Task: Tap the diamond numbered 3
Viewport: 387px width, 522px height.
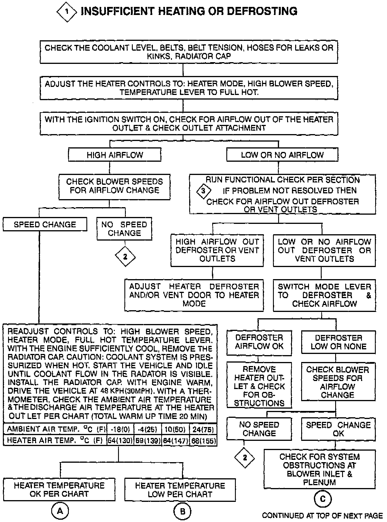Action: (203, 191)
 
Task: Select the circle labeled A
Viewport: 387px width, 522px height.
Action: (60, 511)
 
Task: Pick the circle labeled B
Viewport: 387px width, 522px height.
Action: (182, 511)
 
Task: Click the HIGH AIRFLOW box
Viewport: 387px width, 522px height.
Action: (115, 155)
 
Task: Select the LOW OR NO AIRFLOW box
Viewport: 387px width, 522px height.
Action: (282, 155)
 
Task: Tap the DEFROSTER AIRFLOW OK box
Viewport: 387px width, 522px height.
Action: (259, 342)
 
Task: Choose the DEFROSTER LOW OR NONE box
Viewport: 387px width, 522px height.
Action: (338, 342)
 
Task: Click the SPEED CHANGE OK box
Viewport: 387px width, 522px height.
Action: (338, 429)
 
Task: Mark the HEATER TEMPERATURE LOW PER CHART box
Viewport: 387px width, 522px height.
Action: (180, 490)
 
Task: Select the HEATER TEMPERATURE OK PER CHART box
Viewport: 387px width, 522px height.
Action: (59, 489)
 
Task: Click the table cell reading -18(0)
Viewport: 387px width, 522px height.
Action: (120, 430)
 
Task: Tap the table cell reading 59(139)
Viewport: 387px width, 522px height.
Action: (148, 441)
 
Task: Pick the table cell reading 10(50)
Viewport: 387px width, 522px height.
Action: (175, 430)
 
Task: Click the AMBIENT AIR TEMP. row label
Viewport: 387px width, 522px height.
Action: (55, 430)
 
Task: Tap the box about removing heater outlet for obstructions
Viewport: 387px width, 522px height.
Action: (259, 386)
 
